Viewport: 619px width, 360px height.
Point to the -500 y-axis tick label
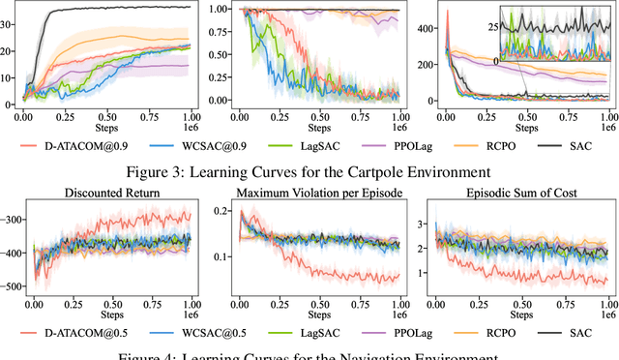click(x=12, y=287)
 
